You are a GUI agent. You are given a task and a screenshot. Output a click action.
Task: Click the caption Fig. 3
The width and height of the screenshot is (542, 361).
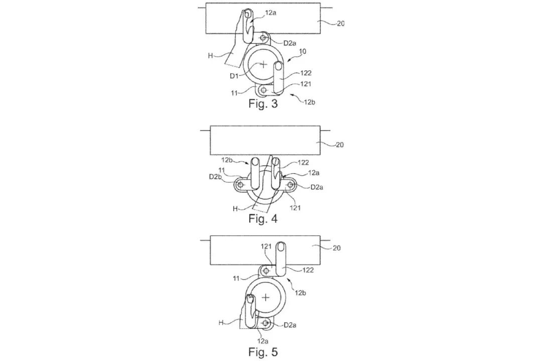263,104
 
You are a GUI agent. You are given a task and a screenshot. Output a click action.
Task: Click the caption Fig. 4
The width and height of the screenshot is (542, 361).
263,218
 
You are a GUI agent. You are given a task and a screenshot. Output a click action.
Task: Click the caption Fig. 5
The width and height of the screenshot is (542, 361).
263,352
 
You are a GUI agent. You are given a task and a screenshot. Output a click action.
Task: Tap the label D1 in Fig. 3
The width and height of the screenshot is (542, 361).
234,76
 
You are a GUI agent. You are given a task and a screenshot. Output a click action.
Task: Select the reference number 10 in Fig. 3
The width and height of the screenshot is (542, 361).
302,52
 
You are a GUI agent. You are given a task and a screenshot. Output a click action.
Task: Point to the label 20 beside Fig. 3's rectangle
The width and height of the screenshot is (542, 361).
340,24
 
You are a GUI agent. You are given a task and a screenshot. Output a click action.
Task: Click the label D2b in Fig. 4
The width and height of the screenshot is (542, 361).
215,177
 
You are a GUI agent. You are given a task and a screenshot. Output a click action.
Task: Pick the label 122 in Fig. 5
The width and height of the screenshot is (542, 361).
308,270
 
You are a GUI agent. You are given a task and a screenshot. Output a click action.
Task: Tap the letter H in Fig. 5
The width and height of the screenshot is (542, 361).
221,323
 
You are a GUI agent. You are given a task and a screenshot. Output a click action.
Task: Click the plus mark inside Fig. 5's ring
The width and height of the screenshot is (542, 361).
265,297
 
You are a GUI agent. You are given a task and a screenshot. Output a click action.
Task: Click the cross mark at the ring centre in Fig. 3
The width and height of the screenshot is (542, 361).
263,64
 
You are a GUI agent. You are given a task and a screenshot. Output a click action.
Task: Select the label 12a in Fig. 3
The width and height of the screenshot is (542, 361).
270,13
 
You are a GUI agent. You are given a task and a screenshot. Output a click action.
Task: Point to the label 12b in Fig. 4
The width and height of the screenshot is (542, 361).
227,160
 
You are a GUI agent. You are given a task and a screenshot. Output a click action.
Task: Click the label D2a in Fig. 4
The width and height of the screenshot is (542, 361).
317,187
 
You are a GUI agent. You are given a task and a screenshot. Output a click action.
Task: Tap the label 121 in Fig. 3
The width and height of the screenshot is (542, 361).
306,84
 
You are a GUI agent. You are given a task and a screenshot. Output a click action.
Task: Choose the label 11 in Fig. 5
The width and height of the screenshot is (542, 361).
236,278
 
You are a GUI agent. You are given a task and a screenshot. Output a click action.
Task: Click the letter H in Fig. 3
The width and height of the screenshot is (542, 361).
210,55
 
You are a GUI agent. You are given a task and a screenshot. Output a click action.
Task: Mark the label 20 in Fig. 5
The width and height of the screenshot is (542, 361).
336,248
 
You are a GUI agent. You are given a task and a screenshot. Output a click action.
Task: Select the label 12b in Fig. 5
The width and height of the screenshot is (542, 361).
301,293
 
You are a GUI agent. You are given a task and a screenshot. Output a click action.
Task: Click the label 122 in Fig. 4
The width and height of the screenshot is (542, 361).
303,163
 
